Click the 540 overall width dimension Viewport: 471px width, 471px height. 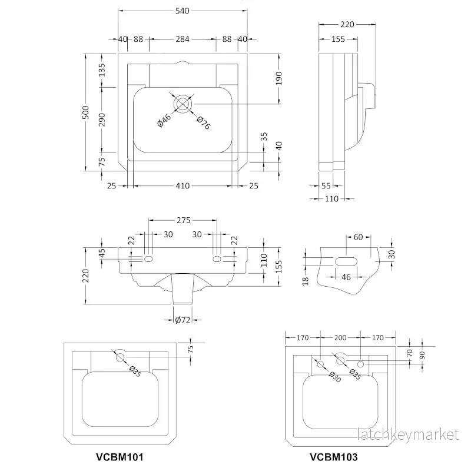[x=183, y=11]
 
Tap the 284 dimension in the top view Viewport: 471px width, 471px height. [x=183, y=39]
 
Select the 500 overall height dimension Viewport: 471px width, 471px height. [x=86, y=112]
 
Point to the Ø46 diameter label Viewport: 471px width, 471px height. [x=164, y=120]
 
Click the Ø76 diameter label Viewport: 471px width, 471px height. [x=203, y=122]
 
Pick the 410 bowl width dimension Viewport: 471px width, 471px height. [x=183, y=186]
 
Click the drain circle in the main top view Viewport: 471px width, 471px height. [x=183, y=104]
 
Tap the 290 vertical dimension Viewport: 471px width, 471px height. [x=102, y=120]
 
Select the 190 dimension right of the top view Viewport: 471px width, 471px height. [x=279, y=78]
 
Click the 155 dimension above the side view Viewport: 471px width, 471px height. [x=338, y=39]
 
